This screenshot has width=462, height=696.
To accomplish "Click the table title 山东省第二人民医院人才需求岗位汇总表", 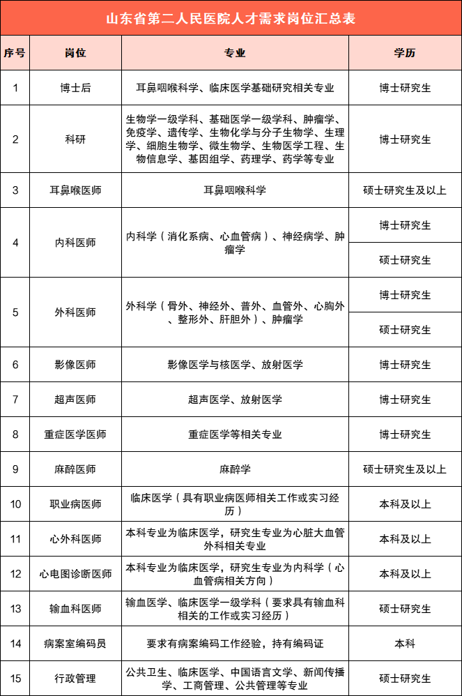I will click(231, 18).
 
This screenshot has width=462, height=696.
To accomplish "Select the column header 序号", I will click(15, 53).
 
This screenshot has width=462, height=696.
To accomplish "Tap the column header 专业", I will click(235, 53).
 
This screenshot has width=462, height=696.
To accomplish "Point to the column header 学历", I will click(405, 53).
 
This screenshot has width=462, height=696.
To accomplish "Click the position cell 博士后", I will click(75, 88).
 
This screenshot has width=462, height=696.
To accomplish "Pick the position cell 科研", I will click(75, 139).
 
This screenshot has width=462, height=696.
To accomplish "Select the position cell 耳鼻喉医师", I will click(75, 190).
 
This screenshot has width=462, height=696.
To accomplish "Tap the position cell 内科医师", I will click(75, 243).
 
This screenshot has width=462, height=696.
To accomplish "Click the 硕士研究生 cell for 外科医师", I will click(405, 329).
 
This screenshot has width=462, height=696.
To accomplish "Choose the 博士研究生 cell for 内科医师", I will click(405, 225).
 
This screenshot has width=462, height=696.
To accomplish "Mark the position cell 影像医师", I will click(75, 365).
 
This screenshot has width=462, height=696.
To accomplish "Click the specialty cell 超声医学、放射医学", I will click(235, 400).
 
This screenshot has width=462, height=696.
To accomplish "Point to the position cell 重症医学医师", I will click(75, 434).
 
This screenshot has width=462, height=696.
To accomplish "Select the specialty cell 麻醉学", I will click(235, 469).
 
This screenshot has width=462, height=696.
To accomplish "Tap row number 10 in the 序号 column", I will click(15, 504).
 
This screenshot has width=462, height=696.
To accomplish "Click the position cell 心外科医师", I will click(75, 539).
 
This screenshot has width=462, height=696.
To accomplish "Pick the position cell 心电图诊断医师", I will click(75, 574).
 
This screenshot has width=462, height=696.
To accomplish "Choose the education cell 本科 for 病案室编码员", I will click(405, 644).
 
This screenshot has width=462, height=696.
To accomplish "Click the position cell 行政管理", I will click(75, 679).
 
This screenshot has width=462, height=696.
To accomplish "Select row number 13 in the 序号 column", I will click(15, 609).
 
